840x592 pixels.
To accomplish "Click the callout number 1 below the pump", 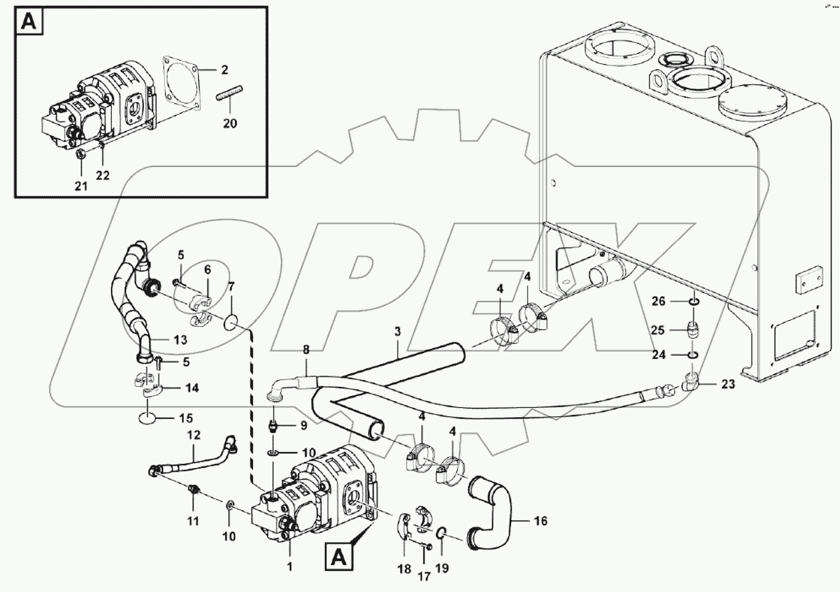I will pyautogui.click(x=289, y=566).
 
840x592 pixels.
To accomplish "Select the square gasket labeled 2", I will pyautogui.click(x=182, y=84).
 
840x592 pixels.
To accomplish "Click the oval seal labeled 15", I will pyautogui.click(x=147, y=418).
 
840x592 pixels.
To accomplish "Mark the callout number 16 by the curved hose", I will pyautogui.click(x=540, y=521).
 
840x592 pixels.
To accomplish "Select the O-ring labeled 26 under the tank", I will pyautogui.click(x=693, y=302).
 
